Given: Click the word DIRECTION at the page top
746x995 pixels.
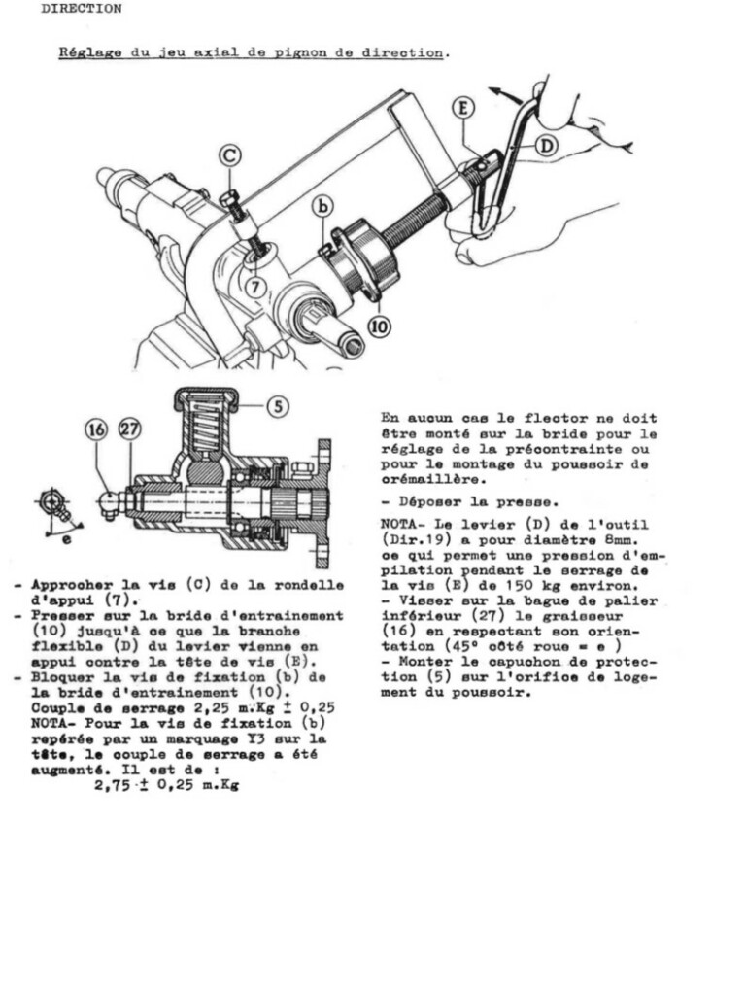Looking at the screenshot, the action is pos(82,9).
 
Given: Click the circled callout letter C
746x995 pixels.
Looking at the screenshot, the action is pos(230,155).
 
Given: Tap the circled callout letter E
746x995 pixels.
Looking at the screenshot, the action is pos(463,108).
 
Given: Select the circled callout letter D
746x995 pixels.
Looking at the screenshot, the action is pos(546,146).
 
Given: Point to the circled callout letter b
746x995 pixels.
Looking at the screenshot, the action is pos(323,206).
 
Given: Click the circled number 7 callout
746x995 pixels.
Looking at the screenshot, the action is pos(255,288).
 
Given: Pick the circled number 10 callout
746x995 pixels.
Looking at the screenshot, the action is pos(380,326).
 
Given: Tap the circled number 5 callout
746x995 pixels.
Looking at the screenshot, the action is pos(278,405).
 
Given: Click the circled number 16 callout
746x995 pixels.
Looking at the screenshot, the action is pos(96,429).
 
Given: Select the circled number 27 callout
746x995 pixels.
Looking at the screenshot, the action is pos(130,429).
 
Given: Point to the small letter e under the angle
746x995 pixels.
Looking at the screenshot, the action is pos(67,539).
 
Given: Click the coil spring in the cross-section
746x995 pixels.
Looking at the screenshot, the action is pos(205,424).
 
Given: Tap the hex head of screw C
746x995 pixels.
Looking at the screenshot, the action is pos(229,198).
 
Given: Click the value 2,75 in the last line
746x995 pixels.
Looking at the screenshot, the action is pos(113,785).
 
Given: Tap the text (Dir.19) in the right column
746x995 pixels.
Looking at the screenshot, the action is pos(412,540).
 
